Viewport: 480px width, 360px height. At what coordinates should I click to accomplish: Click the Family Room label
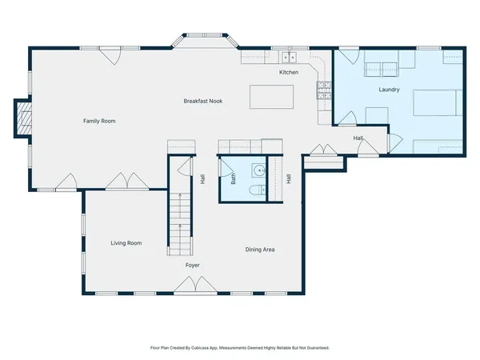tap(100, 121)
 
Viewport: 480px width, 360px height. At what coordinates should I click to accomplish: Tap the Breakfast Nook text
tap(202, 101)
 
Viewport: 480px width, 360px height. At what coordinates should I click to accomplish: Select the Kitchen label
tap(289, 73)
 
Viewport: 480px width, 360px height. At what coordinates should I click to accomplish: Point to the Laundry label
tap(390, 89)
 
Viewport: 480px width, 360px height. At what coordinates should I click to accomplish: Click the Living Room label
tap(126, 242)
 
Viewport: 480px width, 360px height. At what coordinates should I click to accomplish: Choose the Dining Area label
tap(260, 250)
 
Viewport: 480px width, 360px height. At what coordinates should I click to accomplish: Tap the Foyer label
tap(192, 265)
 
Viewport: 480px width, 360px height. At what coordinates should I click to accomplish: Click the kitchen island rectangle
tap(271, 96)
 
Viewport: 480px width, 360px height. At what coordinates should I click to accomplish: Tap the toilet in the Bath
tap(254, 191)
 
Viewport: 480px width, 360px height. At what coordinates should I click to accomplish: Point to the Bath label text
tap(234, 180)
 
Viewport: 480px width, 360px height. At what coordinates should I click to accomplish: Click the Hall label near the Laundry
tap(359, 138)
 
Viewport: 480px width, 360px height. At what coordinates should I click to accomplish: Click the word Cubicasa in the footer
tap(215, 348)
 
